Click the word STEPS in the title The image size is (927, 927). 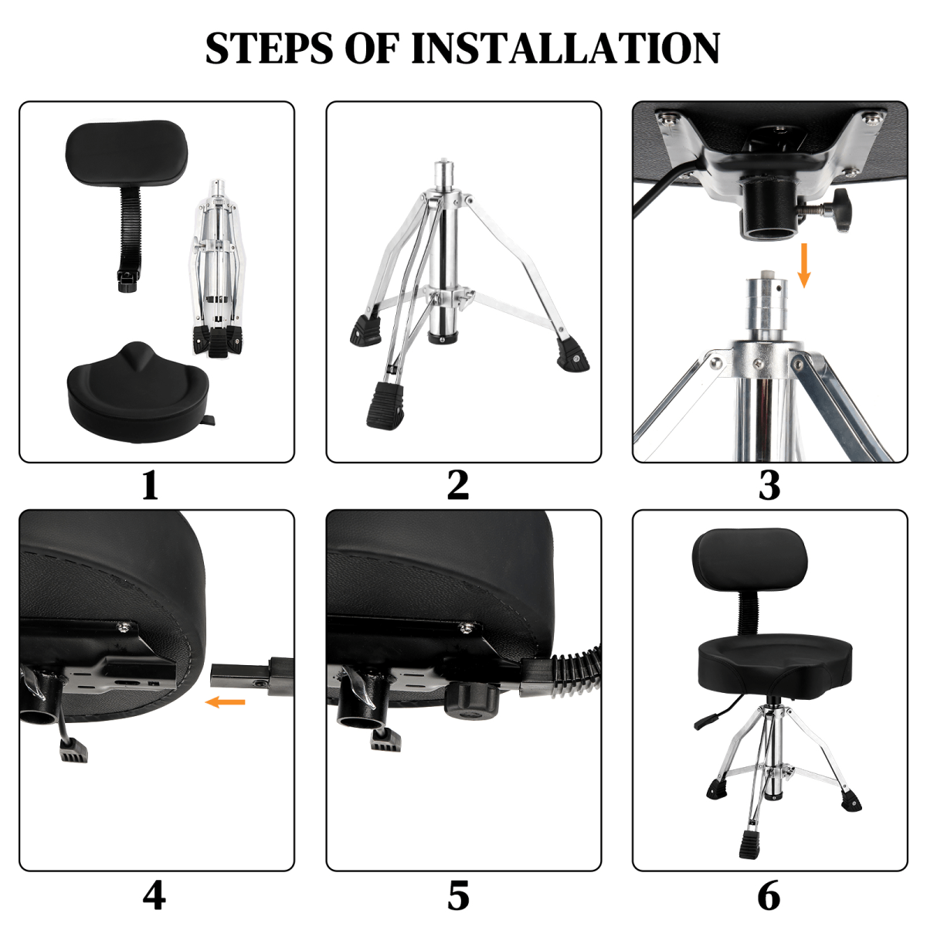[270, 48]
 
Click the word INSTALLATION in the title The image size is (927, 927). [565, 48]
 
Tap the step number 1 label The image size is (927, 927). [150, 486]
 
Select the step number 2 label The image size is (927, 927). [458, 485]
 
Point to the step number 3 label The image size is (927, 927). [769, 486]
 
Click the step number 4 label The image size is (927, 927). [154, 895]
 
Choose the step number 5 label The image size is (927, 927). [458, 895]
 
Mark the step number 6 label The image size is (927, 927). [769, 895]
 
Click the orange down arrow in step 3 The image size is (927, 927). [804, 265]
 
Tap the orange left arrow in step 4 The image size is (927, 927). [225, 702]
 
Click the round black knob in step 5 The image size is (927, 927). [471, 698]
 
